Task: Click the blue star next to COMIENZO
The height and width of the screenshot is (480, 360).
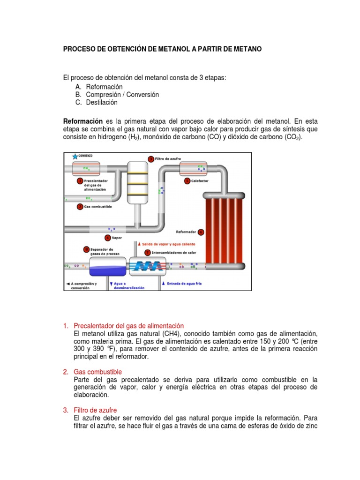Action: pos(75,156)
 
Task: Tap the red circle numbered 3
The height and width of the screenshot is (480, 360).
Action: pos(151,159)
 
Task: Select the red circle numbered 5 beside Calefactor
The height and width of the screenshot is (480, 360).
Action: pos(187,180)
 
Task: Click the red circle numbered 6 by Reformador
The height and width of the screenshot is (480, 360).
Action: pos(201,232)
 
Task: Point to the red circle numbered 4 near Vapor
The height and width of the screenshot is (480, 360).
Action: pos(108,238)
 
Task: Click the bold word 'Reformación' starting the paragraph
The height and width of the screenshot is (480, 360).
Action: pos(82,121)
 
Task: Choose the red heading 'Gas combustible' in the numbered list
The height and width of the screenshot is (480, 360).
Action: pos(97,372)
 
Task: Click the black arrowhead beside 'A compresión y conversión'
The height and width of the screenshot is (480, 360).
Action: pos(68,284)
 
